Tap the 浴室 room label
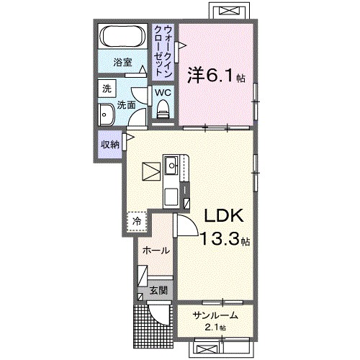click(124, 63)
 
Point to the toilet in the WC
click(162, 109)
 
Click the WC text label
click(162, 92)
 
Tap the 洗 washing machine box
click(107, 89)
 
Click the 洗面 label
click(127, 105)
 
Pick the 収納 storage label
click(109, 144)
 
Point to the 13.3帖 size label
click(224, 240)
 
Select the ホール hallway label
click(156, 251)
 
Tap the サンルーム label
click(215, 315)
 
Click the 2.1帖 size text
click(215, 328)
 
